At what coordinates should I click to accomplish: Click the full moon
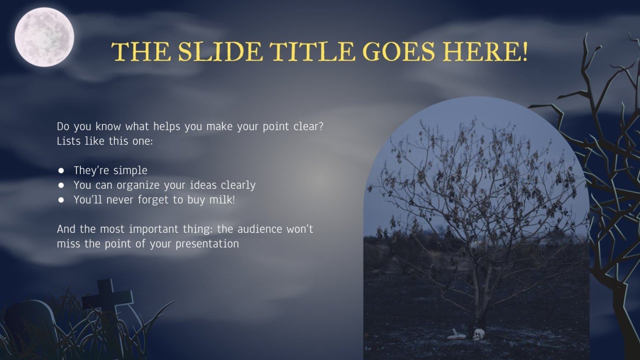(44, 37)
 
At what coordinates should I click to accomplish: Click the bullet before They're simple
(61, 171)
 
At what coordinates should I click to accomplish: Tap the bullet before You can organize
(61, 185)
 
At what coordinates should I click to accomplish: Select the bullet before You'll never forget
(61, 200)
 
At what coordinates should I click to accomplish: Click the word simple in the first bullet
(130, 171)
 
